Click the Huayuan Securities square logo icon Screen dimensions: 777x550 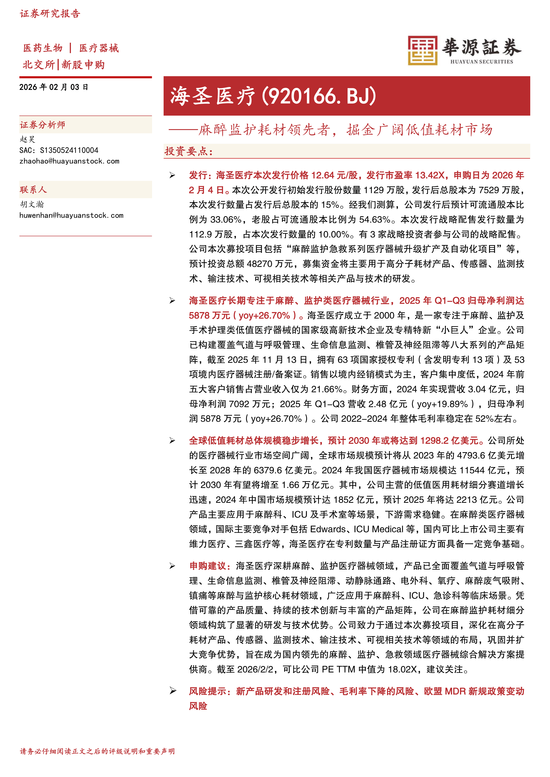click(x=422, y=51)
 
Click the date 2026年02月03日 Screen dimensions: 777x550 click(x=53, y=87)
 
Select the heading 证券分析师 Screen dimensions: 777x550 click(x=42, y=125)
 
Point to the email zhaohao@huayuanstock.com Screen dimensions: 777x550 click(x=69, y=161)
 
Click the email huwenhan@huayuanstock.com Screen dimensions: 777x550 click(x=71, y=215)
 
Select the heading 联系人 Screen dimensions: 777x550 click(x=33, y=190)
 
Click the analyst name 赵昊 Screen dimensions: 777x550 click(x=27, y=139)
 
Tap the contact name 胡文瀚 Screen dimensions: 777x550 click(x=31, y=204)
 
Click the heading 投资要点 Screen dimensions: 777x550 click(x=188, y=151)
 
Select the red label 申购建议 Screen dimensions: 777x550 click(x=207, y=566)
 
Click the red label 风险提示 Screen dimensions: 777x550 click(x=207, y=691)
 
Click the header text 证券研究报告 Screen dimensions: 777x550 click(x=50, y=14)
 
